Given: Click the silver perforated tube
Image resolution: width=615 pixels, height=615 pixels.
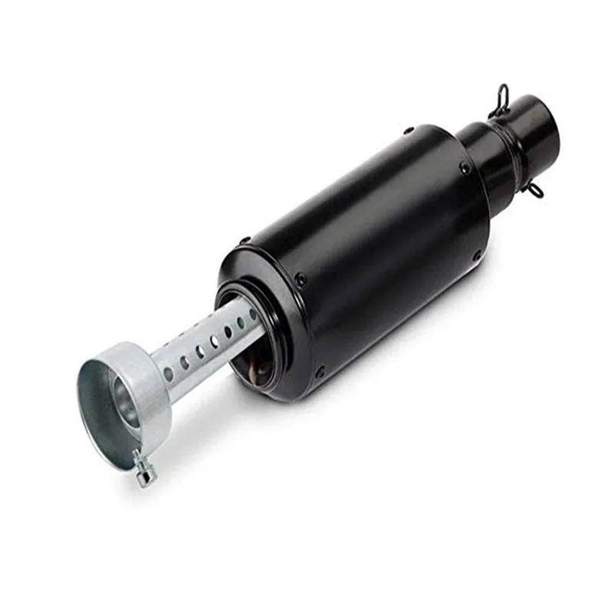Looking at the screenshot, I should (x=208, y=346).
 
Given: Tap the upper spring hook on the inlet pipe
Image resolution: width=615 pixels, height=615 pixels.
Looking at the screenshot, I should (x=500, y=98).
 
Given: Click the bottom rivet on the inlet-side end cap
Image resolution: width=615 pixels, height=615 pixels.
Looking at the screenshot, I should (x=478, y=254).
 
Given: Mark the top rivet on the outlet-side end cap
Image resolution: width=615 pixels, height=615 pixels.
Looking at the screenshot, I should (x=245, y=241).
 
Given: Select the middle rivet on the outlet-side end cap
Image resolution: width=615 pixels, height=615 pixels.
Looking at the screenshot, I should (x=301, y=278).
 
